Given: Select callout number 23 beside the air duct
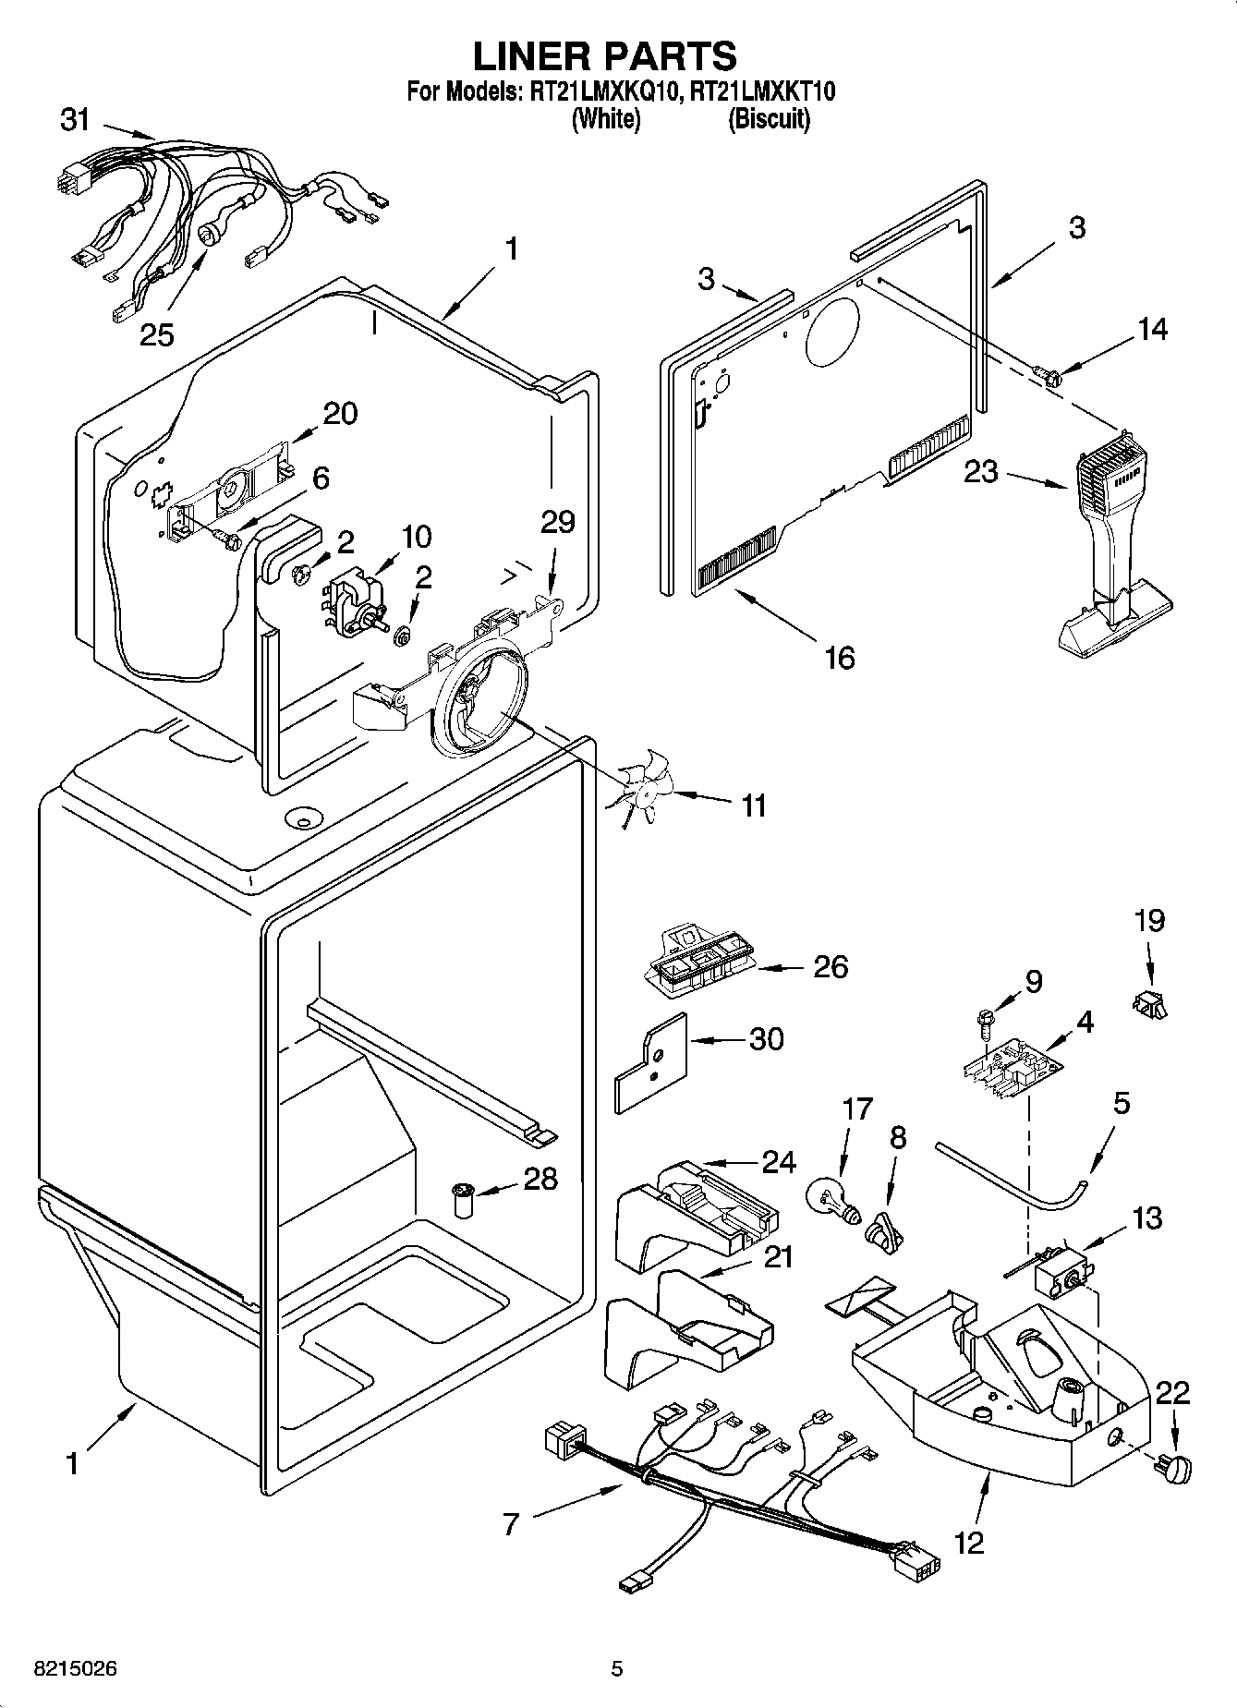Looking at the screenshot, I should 980,472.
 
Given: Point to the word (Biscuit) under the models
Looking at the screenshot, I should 768,119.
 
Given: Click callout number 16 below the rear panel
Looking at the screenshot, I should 839,658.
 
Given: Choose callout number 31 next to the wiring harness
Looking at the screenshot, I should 75,118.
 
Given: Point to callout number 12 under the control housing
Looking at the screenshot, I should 969,1542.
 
